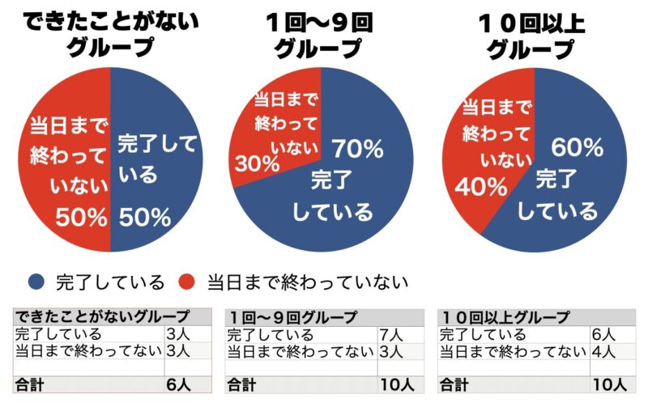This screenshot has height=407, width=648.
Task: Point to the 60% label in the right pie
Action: tap(577, 147)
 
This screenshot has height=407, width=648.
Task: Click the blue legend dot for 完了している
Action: tap(36, 282)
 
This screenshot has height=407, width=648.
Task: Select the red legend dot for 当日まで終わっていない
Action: tap(188, 282)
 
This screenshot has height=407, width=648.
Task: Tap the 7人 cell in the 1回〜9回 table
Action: tap(390, 334)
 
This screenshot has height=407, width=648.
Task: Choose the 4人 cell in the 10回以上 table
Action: tap(604, 350)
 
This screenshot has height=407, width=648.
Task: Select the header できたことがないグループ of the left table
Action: tap(102, 316)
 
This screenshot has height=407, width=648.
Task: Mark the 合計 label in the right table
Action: tap(455, 384)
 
